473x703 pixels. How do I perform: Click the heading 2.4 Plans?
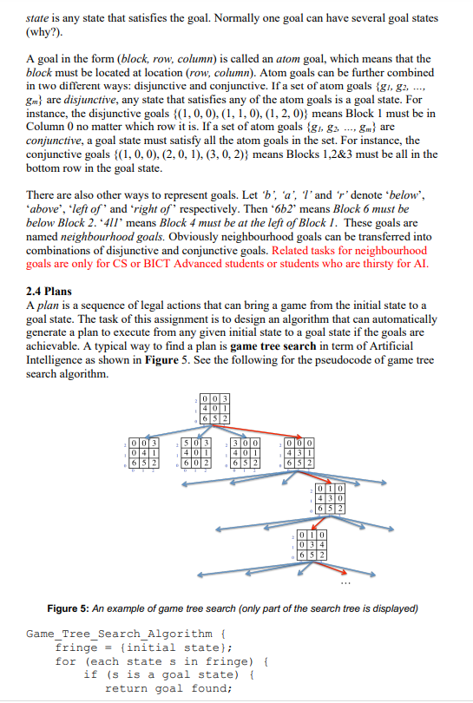pos(49,292)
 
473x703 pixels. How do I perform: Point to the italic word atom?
pos(288,59)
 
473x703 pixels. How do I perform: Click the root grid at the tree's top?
pos(215,409)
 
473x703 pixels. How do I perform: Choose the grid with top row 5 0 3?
pos(195,453)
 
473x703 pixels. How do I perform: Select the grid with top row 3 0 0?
pos(245,453)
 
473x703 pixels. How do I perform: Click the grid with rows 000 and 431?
pos(299,453)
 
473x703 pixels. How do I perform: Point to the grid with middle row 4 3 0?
pos(331,498)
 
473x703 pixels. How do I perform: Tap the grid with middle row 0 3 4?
pos(312,545)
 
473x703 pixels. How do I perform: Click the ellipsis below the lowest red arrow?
pos(345,583)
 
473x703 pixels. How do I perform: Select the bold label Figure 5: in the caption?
pos(69,608)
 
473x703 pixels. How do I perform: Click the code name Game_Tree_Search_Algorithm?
pos(119,634)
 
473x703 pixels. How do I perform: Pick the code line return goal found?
pos(168,688)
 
